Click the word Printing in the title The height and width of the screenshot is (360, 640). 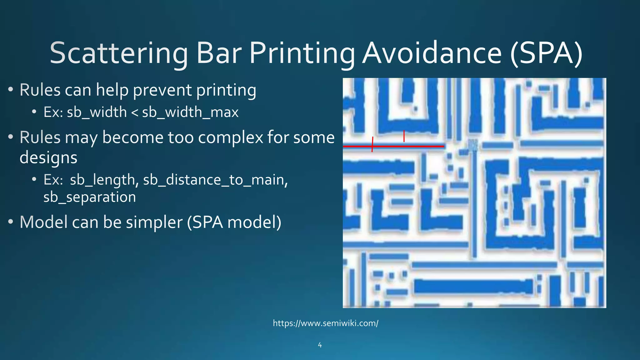pos(302,53)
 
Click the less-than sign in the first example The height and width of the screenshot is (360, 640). pos(134,112)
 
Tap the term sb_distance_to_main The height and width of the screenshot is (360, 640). pos(215,180)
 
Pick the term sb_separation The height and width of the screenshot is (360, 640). pos(90,197)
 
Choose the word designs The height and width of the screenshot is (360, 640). pos(48,157)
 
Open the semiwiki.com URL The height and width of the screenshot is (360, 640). pos(326,323)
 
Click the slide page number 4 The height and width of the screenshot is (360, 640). pos(320,345)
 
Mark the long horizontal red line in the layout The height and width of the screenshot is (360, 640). pos(406,146)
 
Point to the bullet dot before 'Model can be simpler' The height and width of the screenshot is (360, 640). pos(11,222)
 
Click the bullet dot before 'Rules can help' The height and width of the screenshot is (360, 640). pos(11,90)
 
